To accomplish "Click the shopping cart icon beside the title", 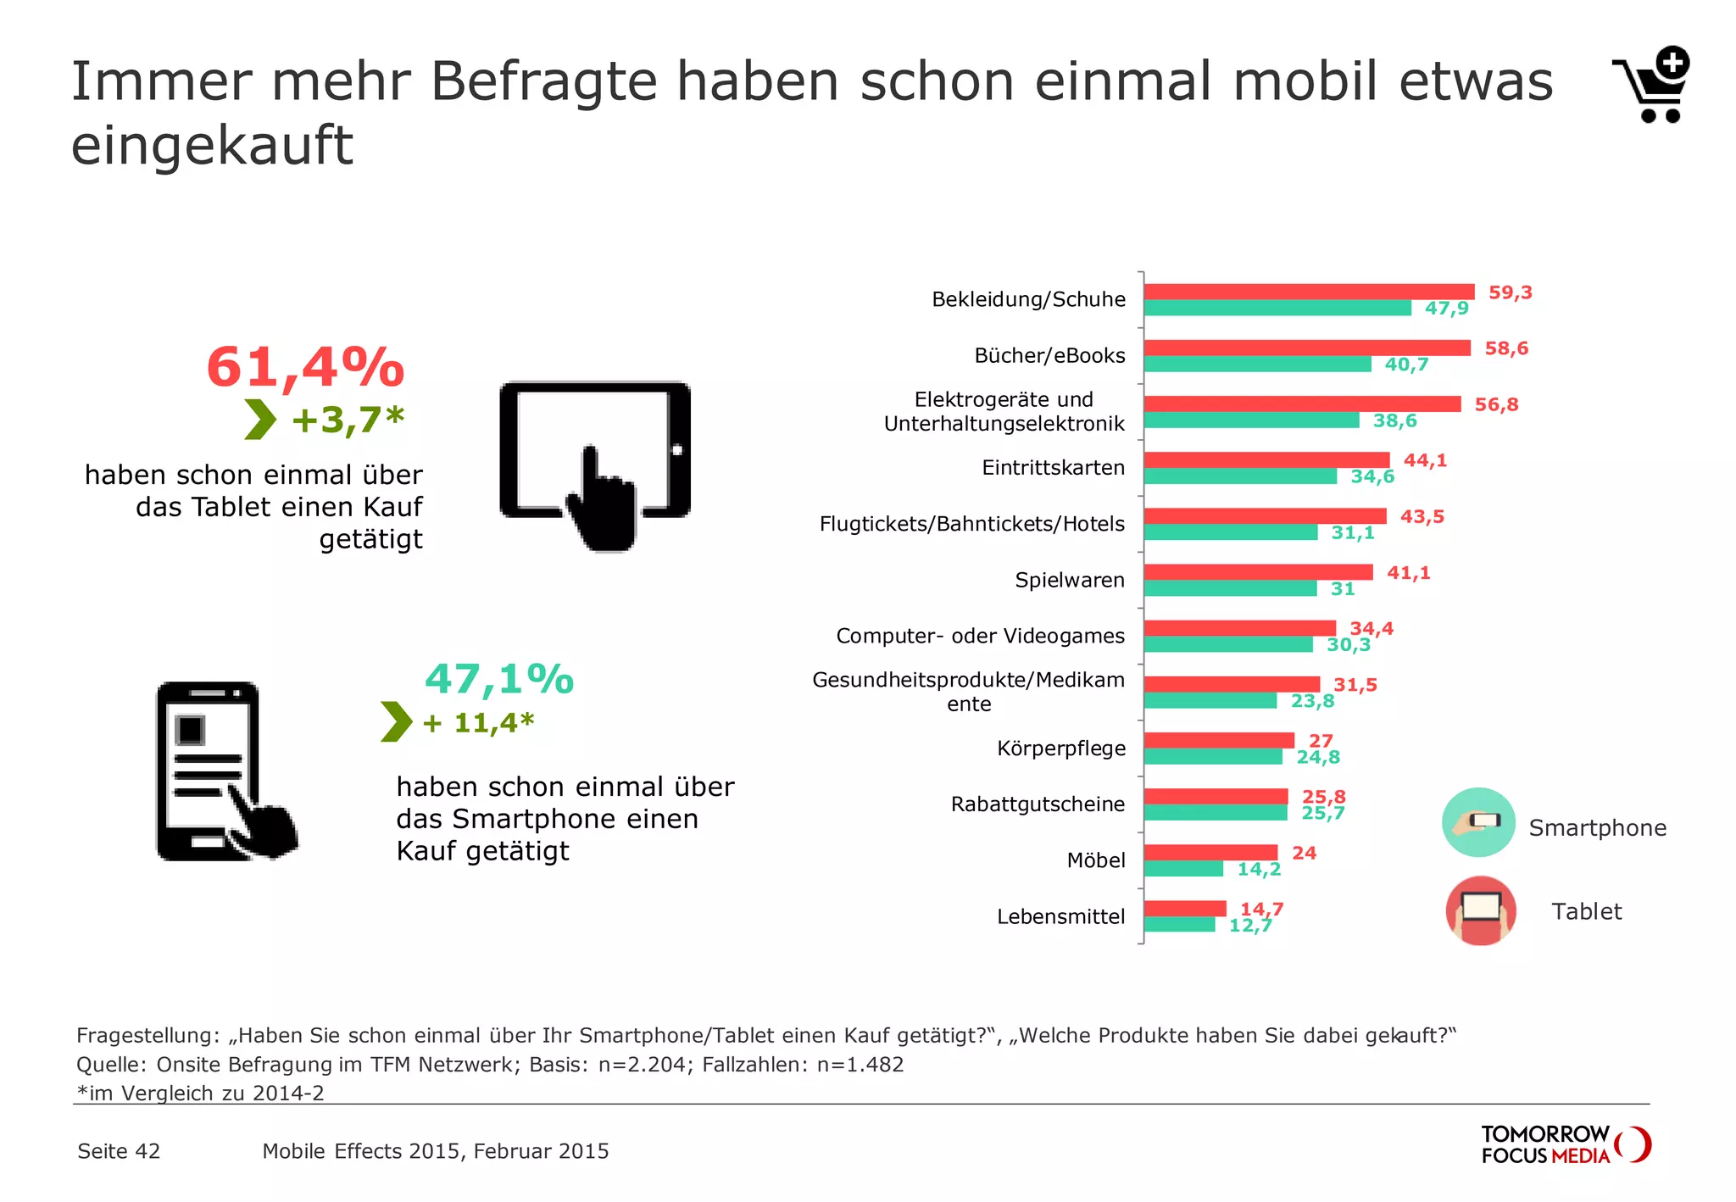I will (1653, 85).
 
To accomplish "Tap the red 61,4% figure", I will (305, 368).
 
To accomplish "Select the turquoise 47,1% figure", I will (499, 679).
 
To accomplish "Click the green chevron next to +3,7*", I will (260, 420).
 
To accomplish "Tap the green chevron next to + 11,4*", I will (396, 721).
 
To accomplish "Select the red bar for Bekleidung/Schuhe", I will (1309, 292).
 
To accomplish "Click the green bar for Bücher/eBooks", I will (1257, 364).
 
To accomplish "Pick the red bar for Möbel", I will (1210, 852).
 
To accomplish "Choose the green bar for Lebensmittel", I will (1179, 925).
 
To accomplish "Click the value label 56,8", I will (1496, 405).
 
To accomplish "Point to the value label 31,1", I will (1353, 533).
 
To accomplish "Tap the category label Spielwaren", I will (1070, 581).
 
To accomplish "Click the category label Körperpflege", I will (1061, 748).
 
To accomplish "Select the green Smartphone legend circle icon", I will (1478, 822).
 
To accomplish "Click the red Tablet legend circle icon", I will (1481, 911).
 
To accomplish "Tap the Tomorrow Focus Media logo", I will (1565, 1144).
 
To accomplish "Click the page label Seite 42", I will (119, 1151).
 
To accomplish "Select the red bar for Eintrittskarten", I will (1266, 460).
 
